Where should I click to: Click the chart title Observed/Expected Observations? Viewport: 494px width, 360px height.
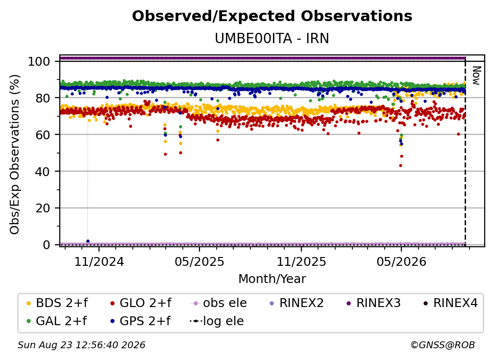tap(272, 16)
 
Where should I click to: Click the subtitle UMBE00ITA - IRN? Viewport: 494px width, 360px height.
tap(272, 38)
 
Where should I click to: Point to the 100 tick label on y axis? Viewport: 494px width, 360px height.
tap(39, 61)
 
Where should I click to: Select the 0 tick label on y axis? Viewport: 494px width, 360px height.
tap(47, 245)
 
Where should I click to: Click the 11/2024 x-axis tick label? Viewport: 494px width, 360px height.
tap(99, 261)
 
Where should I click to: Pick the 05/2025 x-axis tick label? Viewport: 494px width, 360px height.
tap(199, 261)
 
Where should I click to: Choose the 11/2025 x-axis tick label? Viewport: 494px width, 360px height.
tap(301, 261)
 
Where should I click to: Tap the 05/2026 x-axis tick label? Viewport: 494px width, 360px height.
tap(401, 261)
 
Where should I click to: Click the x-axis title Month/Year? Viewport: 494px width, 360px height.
tap(272, 279)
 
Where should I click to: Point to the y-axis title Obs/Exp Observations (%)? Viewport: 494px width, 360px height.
tap(15, 154)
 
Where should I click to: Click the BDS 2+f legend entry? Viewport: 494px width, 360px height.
tap(57, 303)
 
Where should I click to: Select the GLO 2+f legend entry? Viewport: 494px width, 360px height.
tap(141, 303)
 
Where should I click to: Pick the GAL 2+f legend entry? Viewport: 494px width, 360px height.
tap(57, 321)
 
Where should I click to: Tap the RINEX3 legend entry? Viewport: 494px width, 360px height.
tap(373, 303)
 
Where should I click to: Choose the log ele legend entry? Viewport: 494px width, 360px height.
tap(217, 321)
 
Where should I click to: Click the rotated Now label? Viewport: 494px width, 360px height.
tap(476, 76)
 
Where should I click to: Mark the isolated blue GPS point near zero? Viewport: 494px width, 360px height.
tap(88, 241)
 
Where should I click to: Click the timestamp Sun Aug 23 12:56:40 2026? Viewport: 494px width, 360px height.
tap(81, 345)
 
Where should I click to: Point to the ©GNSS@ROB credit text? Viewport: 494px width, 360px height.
tap(443, 345)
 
